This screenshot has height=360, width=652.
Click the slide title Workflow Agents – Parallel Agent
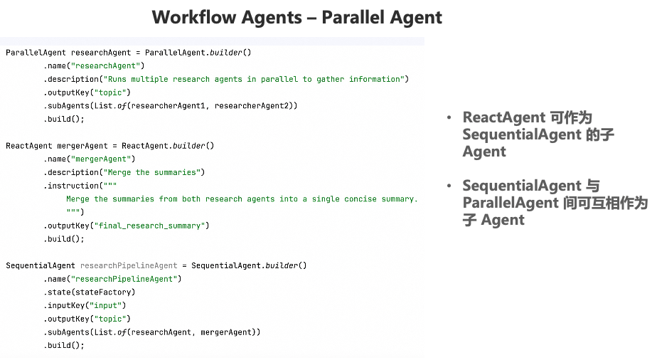(296, 17)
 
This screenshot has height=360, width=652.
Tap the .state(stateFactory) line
(90, 292)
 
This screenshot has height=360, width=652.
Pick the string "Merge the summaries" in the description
(154, 172)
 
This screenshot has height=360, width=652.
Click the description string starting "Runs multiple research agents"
(255, 79)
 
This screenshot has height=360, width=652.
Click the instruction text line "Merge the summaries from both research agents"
(242, 199)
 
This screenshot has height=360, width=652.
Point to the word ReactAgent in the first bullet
(504, 117)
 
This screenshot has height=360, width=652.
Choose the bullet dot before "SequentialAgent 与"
(449, 186)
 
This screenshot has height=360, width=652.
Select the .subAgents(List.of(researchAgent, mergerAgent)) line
(152, 332)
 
